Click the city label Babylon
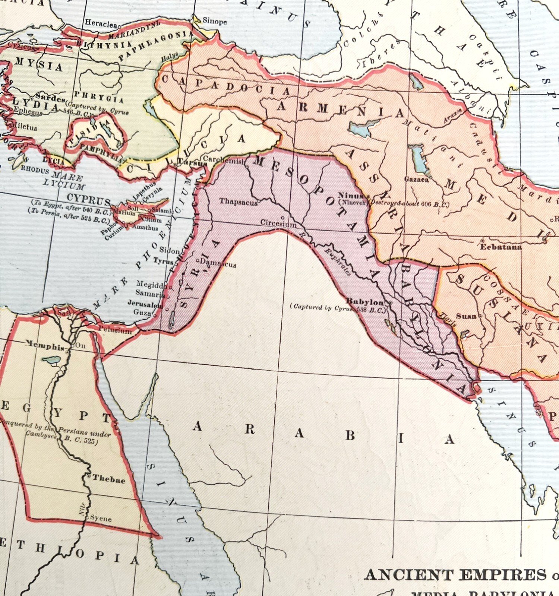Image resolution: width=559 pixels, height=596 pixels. click(365, 302)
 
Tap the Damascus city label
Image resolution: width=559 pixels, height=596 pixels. click(218, 263)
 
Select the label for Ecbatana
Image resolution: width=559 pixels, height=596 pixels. click(500, 247)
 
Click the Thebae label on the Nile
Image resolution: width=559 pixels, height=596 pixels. click(108, 479)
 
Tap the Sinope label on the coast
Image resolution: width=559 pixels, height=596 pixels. click(215, 21)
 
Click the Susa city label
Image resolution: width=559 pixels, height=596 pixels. click(466, 316)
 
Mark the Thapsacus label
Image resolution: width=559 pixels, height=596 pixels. click(238, 202)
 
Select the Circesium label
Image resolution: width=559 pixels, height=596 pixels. click(278, 223)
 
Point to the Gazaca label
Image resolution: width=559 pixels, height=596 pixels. click(416, 180)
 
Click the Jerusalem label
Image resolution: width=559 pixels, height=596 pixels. click(145, 304)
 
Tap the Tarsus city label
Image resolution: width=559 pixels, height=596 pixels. click(192, 162)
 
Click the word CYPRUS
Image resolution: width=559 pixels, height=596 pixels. click(89, 199)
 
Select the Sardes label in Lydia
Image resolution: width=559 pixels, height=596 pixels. click(51, 98)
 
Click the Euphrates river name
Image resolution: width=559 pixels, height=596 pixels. click(337, 262)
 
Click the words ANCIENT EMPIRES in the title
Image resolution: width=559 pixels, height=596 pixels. click(455, 575)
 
